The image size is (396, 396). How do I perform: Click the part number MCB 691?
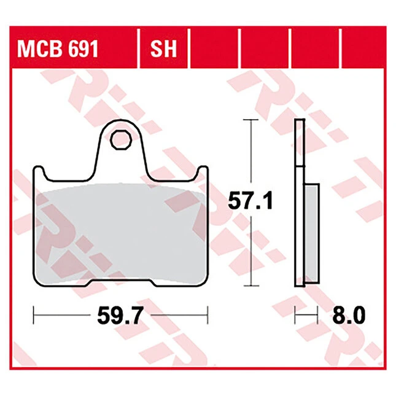57,49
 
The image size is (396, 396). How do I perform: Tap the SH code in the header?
163,49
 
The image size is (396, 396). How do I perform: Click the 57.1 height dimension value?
250,201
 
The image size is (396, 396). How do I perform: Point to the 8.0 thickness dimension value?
349,315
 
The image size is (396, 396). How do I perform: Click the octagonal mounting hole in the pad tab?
121,140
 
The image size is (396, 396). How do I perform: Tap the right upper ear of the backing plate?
203,173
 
